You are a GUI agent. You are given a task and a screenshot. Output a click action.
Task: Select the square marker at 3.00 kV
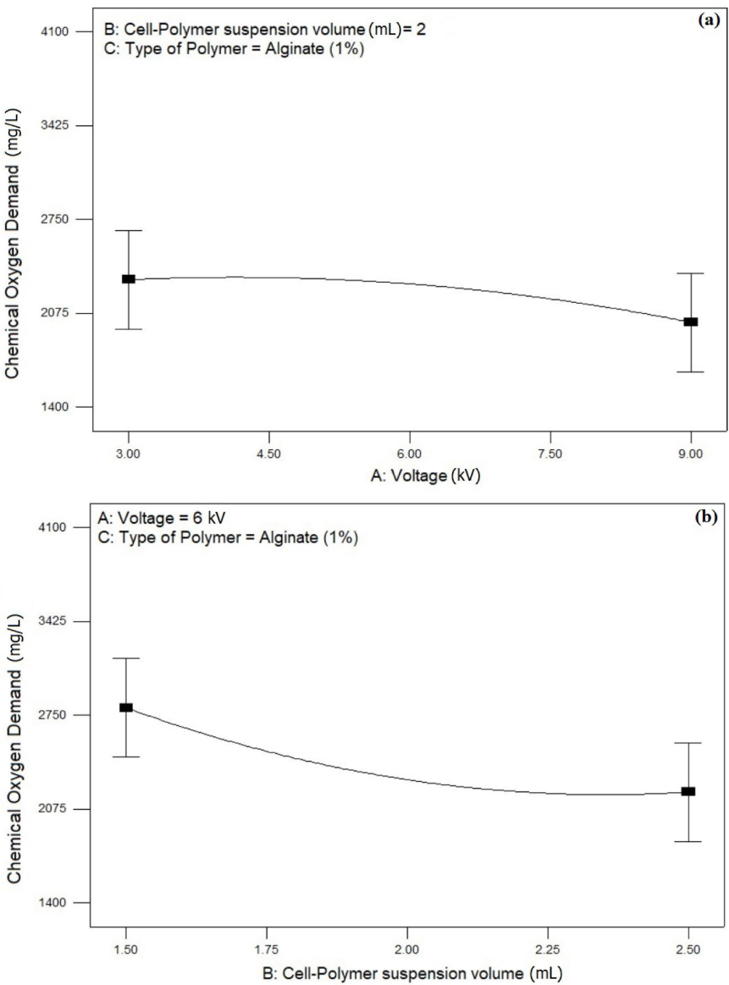[128, 279]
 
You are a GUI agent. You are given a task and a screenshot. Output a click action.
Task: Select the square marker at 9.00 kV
[691, 322]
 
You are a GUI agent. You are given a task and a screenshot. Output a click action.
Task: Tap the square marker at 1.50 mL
[126, 707]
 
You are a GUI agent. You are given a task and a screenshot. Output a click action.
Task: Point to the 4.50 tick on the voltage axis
[268, 454]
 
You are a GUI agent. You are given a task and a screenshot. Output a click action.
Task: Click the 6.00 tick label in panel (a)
[410, 454]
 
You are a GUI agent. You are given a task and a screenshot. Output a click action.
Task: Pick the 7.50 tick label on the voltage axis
[550, 454]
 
